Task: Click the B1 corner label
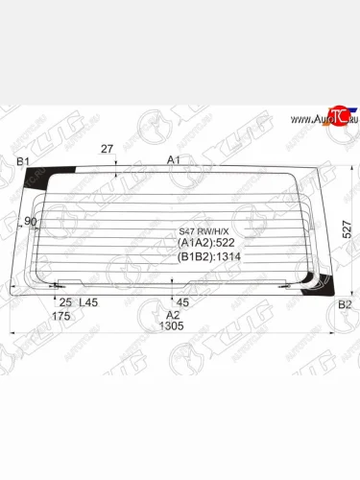tap(24, 160)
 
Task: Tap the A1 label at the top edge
tap(174, 159)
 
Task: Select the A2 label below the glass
tap(173, 314)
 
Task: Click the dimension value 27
tap(107, 149)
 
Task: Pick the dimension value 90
tap(32, 221)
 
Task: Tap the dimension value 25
tap(65, 302)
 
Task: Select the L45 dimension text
tap(88, 302)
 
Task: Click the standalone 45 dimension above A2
tap(182, 302)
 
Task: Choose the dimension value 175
tap(62, 315)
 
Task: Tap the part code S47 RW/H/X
tap(201, 230)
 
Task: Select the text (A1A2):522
tap(206, 243)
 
